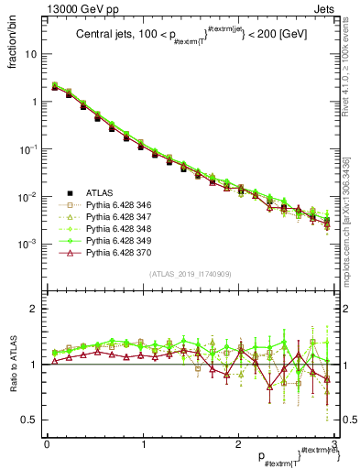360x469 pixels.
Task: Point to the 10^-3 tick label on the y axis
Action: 27,244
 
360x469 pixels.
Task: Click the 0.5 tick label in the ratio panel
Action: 29,420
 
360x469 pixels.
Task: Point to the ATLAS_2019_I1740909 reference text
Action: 189,274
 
